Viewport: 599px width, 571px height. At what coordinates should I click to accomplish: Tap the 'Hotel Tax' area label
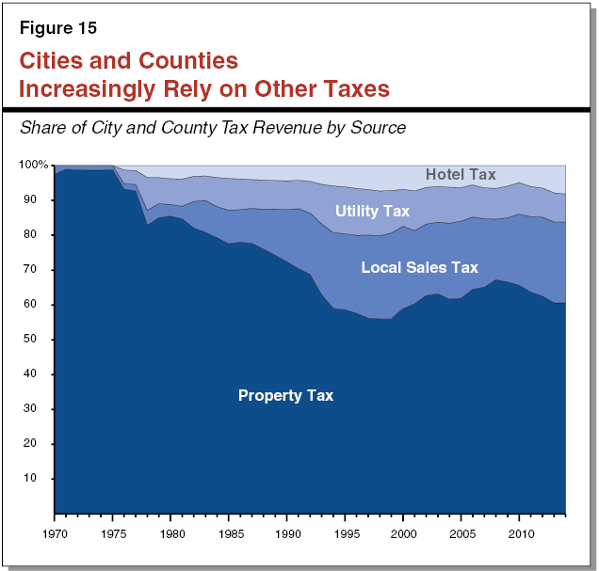click(461, 174)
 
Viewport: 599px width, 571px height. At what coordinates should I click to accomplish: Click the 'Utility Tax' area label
click(372, 211)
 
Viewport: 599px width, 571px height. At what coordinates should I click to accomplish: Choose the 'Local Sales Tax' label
click(419, 268)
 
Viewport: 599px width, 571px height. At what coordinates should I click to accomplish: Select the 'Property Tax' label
click(285, 395)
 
